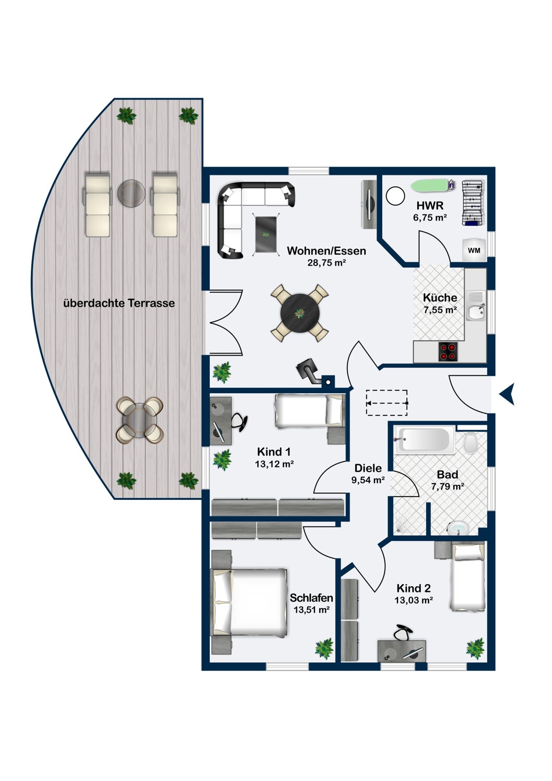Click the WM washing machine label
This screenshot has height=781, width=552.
click(x=473, y=250)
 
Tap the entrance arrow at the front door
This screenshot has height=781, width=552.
click(x=507, y=394)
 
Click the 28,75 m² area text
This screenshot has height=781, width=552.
click(x=326, y=262)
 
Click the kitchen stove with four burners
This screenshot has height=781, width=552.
click(x=448, y=352)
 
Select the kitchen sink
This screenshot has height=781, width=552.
click(x=475, y=312)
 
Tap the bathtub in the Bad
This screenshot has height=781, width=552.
click(x=424, y=439)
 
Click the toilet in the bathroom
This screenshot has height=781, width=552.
click(x=470, y=442)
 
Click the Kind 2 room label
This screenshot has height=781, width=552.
click(x=413, y=588)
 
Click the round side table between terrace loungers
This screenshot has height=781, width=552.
click(x=131, y=193)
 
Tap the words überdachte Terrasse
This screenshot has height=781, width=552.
click(x=119, y=303)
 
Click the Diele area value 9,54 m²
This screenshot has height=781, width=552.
click(x=368, y=480)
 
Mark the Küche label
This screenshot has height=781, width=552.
click(x=440, y=298)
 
